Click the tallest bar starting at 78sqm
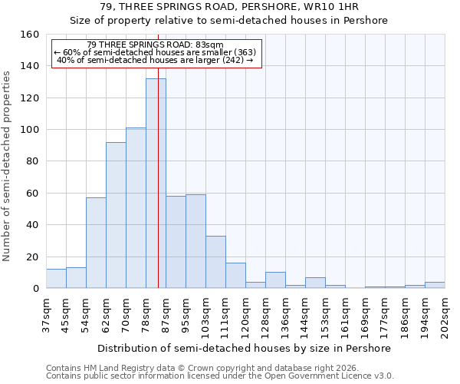pos(156,184)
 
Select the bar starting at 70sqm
pos(136,208)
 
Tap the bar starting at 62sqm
pos(116,215)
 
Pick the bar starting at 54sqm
pos(96,243)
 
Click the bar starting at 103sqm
pos(215,262)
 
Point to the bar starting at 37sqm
pos(56,279)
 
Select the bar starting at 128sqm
pos(275,280)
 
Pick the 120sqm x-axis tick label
pos(245,313)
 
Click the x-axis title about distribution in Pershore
pos(245,348)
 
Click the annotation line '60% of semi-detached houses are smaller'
pos(156,52)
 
